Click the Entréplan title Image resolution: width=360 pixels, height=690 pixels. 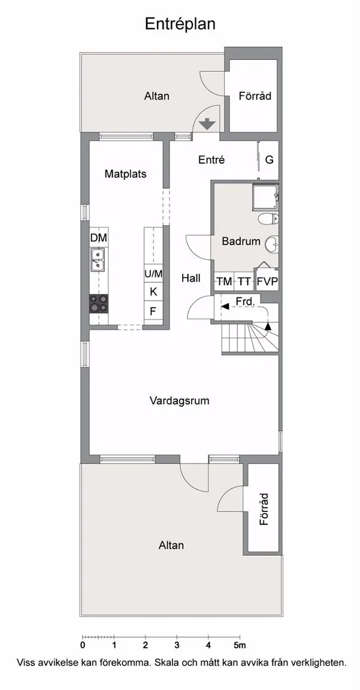[180, 24]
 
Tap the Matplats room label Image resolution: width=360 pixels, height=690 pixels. [125, 174]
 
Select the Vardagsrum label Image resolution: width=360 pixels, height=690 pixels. [179, 401]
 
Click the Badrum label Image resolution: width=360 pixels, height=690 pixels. [241, 241]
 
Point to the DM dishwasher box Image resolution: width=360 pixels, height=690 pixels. [99, 238]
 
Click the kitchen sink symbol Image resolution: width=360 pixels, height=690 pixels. [98, 259]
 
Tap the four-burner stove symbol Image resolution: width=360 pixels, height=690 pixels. [99, 304]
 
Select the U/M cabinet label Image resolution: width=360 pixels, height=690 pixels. [153, 274]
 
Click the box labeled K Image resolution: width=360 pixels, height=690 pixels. [153, 291]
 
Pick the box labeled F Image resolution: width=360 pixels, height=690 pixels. [153, 311]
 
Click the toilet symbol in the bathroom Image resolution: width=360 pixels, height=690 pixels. [269, 217]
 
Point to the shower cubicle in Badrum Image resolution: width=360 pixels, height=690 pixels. [265, 198]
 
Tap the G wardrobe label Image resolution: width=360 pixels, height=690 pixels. [270, 160]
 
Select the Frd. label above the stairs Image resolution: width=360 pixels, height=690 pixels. [245, 302]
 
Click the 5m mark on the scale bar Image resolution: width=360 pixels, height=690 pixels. [240, 646]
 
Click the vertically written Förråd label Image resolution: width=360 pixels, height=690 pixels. [264, 509]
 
